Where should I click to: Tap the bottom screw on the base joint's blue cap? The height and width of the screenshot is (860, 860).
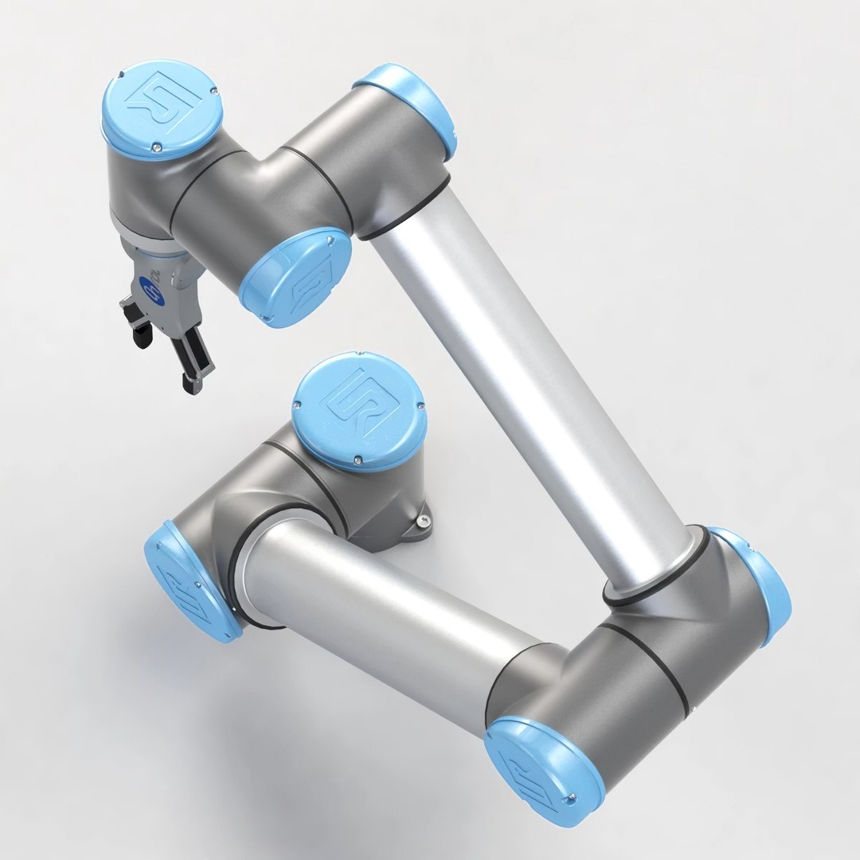[x=357, y=459]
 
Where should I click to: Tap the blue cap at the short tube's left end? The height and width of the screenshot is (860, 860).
[x=190, y=580]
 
